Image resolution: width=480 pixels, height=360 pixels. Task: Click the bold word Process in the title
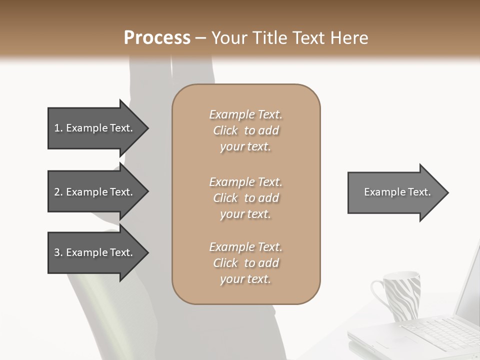coord(157,38)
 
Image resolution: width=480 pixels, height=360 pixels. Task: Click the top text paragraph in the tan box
coord(245,130)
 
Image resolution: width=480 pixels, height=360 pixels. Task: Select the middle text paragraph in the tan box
coord(245,198)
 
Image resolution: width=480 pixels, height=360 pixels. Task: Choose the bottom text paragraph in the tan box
coord(245,263)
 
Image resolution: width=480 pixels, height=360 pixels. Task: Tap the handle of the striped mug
coord(378,295)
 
